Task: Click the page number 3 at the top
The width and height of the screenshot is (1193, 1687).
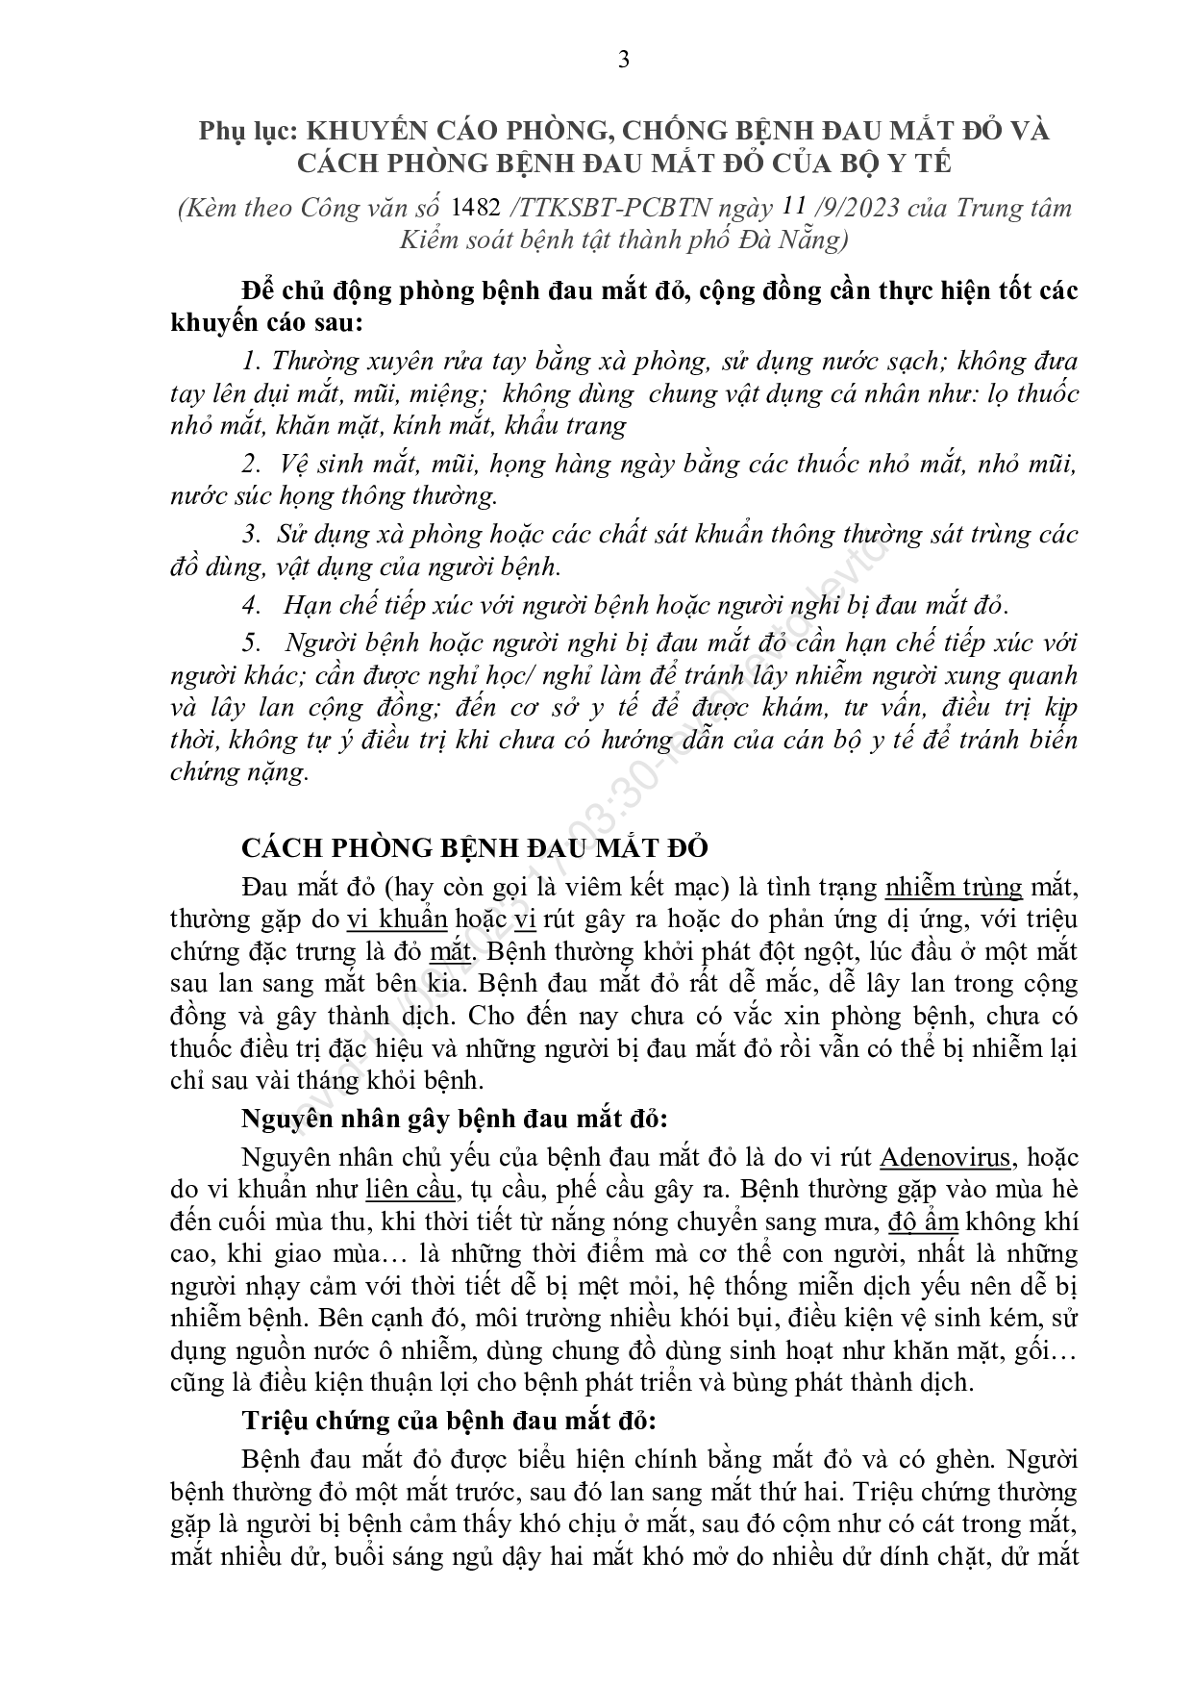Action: tap(624, 60)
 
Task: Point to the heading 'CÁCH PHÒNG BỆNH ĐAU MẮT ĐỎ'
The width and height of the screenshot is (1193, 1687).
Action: tap(474, 847)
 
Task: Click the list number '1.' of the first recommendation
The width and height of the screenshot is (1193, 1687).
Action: tap(253, 362)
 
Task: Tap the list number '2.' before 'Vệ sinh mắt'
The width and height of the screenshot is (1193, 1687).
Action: tap(252, 464)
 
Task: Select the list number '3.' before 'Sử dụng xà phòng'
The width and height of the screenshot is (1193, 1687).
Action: tap(252, 534)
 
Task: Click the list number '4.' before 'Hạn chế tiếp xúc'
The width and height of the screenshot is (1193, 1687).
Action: tap(252, 605)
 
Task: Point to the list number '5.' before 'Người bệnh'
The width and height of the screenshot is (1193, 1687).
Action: tap(252, 642)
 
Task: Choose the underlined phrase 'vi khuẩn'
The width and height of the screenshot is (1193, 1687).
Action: tap(397, 919)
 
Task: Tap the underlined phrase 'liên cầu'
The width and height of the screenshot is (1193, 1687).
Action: tap(410, 1189)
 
